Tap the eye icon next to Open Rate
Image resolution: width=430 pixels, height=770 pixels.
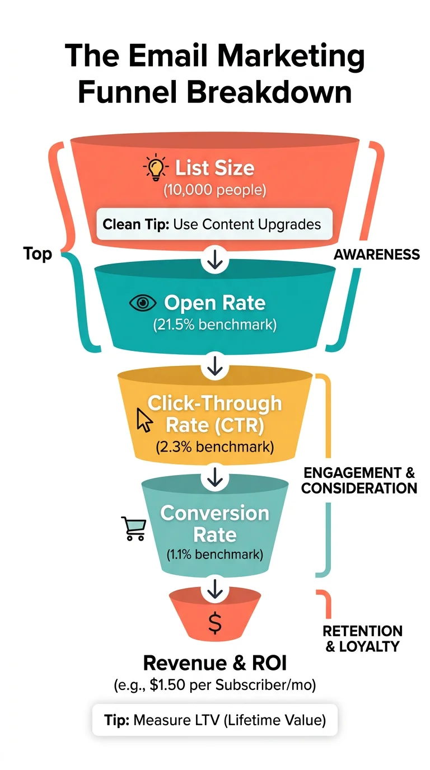click(143, 303)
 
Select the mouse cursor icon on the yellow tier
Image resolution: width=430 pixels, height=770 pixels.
click(144, 419)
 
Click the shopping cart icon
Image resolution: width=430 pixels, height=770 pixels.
click(133, 528)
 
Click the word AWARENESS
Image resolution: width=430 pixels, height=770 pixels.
click(376, 255)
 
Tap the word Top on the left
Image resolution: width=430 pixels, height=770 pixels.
click(38, 254)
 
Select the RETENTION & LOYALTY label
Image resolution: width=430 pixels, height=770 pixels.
click(362, 638)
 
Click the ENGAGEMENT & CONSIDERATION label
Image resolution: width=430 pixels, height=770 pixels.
click(359, 480)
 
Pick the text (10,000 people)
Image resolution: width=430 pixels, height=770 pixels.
click(215, 190)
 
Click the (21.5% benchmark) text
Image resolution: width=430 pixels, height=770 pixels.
click(215, 325)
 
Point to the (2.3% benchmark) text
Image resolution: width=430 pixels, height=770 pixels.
click(215, 448)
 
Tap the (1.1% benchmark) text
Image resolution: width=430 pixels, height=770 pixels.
click(215, 555)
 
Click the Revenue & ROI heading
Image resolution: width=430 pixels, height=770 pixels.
click(215, 663)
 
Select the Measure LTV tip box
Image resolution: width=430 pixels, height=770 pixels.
click(215, 719)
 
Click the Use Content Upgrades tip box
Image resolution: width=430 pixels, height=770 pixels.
click(215, 224)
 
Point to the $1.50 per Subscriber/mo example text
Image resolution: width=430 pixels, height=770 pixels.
click(215, 686)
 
